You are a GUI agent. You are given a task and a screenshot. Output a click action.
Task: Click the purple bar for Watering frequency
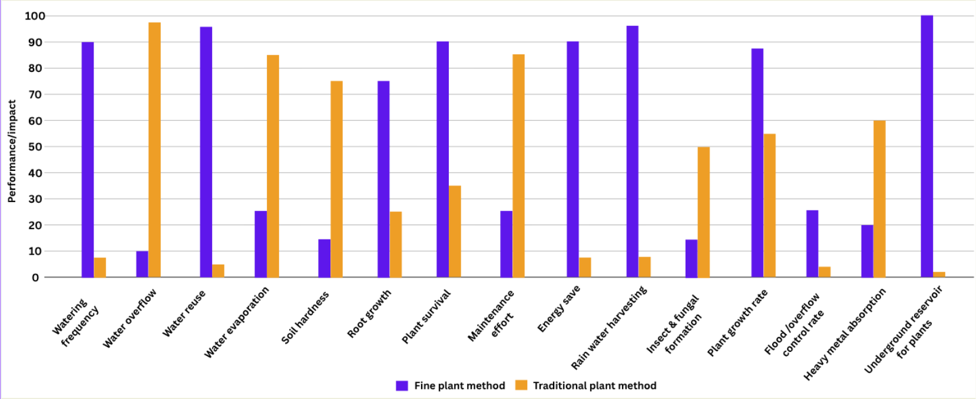(88, 159)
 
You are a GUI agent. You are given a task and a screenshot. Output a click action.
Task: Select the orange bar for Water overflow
(154, 150)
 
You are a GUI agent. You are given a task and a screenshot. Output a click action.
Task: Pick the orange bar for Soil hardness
(336, 179)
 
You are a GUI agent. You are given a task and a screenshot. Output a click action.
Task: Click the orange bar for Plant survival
(455, 232)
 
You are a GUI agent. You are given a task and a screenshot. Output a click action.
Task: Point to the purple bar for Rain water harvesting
(632, 151)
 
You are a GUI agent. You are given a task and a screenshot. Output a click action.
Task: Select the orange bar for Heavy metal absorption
(879, 199)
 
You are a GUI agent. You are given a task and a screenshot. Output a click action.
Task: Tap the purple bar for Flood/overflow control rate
(812, 243)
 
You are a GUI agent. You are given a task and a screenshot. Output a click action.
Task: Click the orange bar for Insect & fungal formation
(703, 212)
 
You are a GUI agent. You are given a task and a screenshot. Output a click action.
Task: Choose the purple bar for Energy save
(573, 159)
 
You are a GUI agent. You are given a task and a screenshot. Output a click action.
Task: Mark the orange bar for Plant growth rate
(769, 205)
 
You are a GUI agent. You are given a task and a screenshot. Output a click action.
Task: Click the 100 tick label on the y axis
(35, 16)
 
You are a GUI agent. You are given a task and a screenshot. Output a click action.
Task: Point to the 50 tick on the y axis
(35, 147)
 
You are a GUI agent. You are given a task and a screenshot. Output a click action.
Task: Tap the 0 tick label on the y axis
(35, 278)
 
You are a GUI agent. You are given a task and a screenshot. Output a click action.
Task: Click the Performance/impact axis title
(11, 151)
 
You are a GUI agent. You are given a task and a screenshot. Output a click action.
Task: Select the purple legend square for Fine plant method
(402, 385)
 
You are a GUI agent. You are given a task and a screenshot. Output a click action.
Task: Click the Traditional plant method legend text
(594, 385)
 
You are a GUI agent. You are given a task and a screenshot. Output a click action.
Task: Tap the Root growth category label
(369, 314)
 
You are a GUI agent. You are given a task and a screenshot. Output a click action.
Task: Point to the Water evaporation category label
(237, 322)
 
